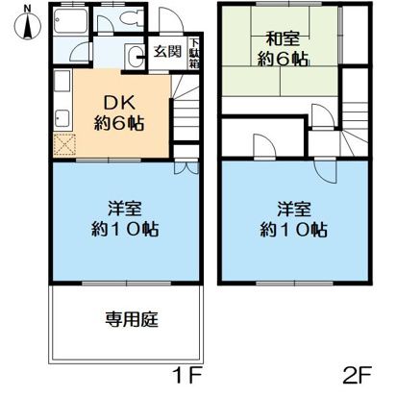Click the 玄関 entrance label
(x=167, y=53)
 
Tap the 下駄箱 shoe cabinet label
(x=194, y=52)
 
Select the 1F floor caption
(x=188, y=372)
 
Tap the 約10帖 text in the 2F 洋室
(x=294, y=230)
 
